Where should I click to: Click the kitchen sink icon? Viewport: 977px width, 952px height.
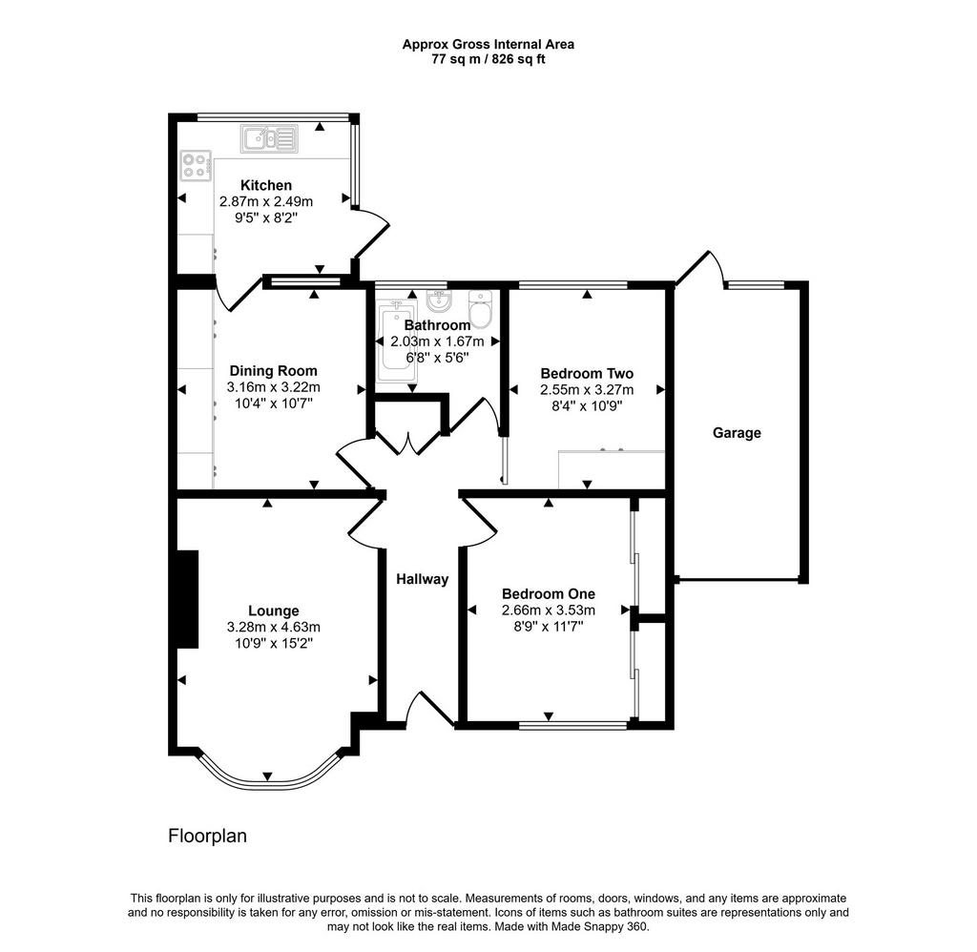pos(269,138)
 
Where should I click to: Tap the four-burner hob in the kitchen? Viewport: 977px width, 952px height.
pos(196,166)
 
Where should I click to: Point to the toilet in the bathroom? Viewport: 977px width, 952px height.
pos(481,308)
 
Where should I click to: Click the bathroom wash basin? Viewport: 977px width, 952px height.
pos(439,301)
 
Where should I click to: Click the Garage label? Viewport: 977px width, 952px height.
pos(737,433)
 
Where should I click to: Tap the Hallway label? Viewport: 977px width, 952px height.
pos(423,579)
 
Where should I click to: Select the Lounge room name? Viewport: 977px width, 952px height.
pos(274,611)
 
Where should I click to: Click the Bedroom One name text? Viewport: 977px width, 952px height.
pos(549,593)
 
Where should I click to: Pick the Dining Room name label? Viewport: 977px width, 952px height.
pos(274,371)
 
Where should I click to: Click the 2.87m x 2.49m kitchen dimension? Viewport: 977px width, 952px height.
pos(266,202)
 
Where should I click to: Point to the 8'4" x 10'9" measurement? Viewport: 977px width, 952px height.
pos(587,406)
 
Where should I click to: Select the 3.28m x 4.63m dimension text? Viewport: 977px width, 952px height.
pos(274,628)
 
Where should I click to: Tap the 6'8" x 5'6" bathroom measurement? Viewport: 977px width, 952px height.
pos(437,358)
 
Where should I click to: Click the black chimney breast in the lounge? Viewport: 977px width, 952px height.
pos(188,599)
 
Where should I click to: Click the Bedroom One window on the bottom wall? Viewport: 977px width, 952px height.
pos(573,725)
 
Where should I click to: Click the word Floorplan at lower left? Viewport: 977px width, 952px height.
pos(207,837)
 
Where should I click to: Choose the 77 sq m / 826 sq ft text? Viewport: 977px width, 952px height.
pos(488,60)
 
